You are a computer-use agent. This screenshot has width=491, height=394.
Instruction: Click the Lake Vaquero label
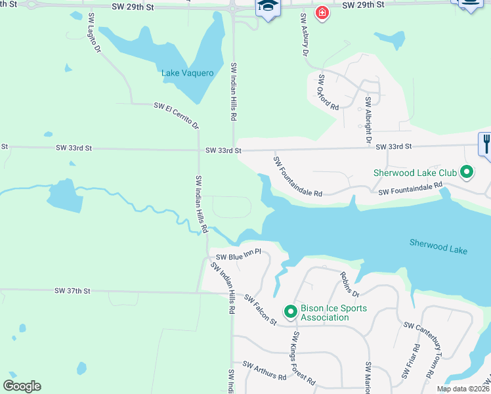click(x=188, y=73)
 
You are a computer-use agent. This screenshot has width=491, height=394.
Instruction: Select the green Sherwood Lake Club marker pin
click(x=467, y=173)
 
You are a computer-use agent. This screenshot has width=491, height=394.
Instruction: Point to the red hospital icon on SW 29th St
click(x=322, y=12)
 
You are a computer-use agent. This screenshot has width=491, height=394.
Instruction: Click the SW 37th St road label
click(x=72, y=290)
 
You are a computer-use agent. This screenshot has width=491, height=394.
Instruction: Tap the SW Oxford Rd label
click(x=328, y=92)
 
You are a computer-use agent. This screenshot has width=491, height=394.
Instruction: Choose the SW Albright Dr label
click(x=368, y=121)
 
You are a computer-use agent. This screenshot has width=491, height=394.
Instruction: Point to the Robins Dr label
click(x=350, y=284)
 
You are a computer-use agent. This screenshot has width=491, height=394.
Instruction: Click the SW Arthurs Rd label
click(x=265, y=371)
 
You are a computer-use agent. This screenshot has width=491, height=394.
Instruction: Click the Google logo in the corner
click(x=22, y=385)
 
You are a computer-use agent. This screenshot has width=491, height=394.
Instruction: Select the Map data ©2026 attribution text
click(x=463, y=389)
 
